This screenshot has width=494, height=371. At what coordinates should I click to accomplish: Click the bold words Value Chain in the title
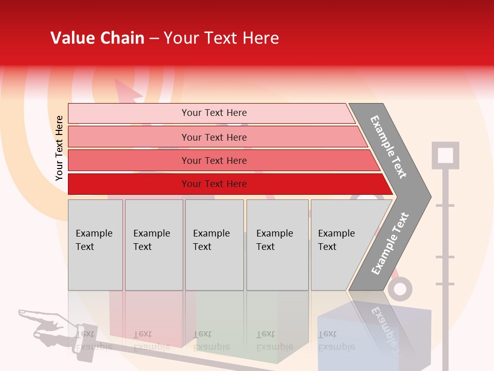point(97,38)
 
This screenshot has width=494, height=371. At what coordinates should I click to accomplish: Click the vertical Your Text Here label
point(59,148)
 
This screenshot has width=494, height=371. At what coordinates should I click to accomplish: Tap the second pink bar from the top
point(214,137)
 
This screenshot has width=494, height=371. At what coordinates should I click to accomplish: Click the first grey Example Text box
point(95,245)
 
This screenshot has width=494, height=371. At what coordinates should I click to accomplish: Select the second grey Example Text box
point(153,245)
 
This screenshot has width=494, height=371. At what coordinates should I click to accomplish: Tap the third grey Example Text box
point(214,245)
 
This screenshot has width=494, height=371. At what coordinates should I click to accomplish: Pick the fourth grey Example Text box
point(277,245)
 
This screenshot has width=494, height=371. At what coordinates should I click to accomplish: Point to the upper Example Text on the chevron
point(389,147)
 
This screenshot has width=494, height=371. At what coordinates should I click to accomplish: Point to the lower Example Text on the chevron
point(390,243)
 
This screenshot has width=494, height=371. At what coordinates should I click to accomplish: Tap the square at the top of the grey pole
point(445,155)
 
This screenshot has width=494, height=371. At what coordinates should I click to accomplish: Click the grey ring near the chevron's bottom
point(400,289)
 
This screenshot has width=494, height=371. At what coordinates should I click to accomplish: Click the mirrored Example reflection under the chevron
point(383,327)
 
